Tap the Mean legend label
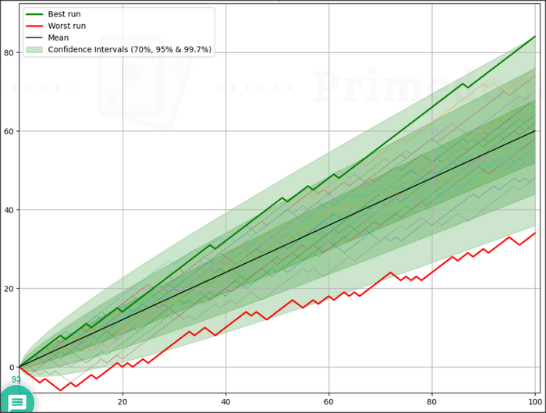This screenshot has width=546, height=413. pos(58,37)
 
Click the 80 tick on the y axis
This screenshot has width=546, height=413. pos(9,53)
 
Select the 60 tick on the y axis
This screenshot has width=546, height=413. pos(9,131)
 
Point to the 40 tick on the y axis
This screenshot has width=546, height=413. pos(9,210)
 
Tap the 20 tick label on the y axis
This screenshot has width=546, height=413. pos(9,289)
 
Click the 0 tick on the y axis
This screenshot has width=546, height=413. pos(11,367)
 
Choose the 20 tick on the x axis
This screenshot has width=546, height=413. pos(122,402)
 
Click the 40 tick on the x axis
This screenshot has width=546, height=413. pos(225,402)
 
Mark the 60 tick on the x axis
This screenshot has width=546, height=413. pos(328,402)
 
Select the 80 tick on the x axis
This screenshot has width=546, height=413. pos(431,402)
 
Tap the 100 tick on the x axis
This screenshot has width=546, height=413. pos(534,402)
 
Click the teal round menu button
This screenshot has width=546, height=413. pos(16,400)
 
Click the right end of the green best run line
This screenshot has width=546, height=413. pos(535,37)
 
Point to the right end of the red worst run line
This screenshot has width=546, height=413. pos(535,233)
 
